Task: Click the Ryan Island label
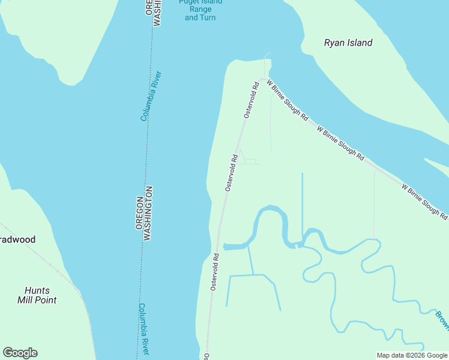pyautogui.click(x=348, y=43)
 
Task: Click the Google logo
pyautogui.click(x=20, y=353)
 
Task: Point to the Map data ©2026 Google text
pyautogui.click(x=412, y=355)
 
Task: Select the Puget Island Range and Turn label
pyautogui.click(x=200, y=10)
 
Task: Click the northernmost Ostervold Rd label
pyautogui.click(x=251, y=100)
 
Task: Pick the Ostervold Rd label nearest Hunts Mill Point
pyautogui.click(x=214, y=272)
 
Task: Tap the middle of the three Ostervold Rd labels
pyautogui.click(x=232, y=173)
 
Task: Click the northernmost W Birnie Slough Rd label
pyautogui.click(x=287, y=100)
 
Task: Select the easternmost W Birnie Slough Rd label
pyautogui.click(x=424, y=201)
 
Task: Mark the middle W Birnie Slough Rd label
pyautogui.click(x=340, y=143)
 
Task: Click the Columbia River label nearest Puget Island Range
pyautogui.click(x=151, y=96)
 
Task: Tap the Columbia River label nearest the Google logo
pyautogui.click(x=143, y=328)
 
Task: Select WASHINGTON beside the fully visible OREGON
pyautogui.click(x=148, y=213)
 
